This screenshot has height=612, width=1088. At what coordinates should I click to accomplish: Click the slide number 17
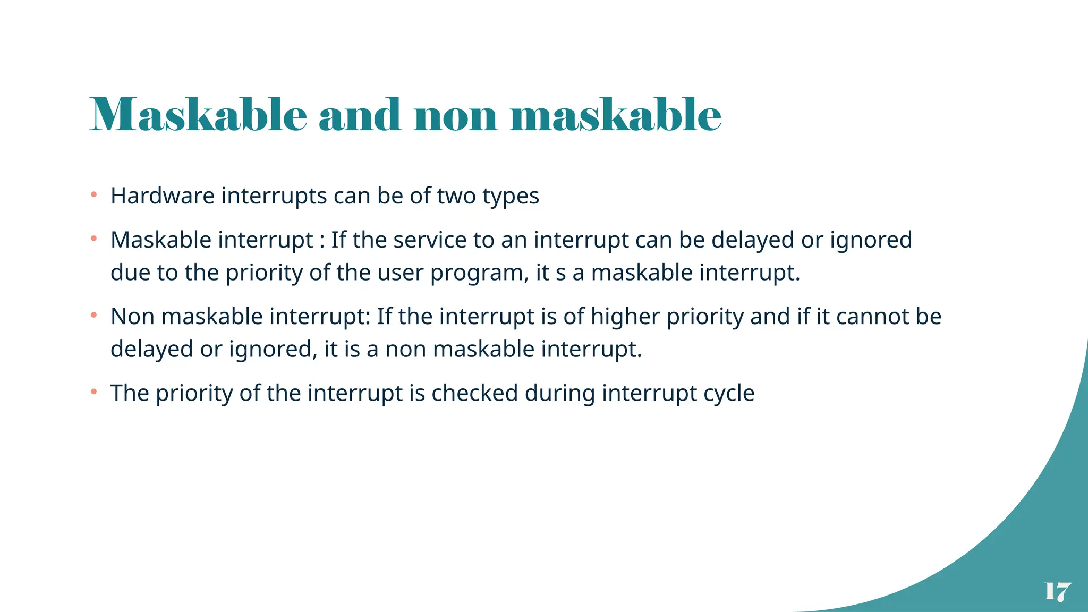click(1057, 591)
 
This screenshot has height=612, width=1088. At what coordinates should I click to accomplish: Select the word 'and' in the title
click(360, 115)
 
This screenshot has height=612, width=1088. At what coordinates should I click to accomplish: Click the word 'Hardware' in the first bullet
click(163, 196)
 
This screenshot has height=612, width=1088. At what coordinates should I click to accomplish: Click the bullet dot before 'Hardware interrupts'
click(94, 195)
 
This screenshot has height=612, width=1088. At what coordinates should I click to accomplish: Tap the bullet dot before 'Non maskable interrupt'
click(94, 316)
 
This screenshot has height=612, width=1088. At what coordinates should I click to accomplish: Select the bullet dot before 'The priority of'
click(94, 392)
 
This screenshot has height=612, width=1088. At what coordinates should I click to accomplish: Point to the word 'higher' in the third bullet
click(625, 317)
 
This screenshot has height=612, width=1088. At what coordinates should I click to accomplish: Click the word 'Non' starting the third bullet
click(133, 317)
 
